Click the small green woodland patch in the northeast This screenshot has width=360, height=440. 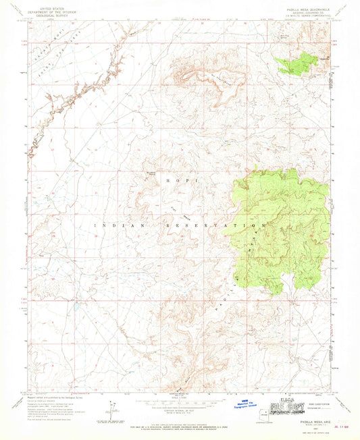[x=297, y=61]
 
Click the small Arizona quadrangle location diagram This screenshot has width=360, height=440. [x=109, y=412]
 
